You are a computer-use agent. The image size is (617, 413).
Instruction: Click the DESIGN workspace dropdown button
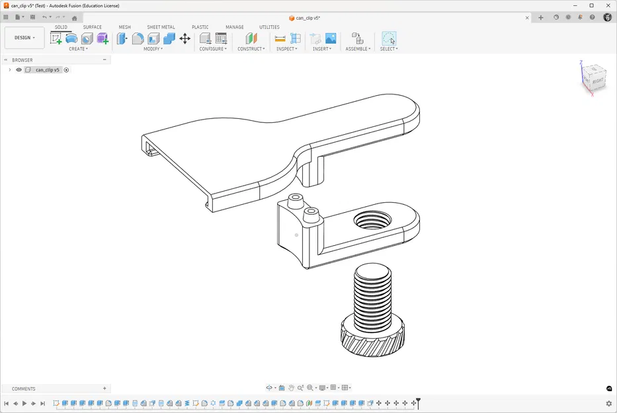[x=24, y=38]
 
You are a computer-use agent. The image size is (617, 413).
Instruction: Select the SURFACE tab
[x=92, y=27]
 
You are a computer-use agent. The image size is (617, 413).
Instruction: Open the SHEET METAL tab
[x=161, y=27]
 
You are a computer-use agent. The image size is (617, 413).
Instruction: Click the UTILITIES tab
[x=269, y=27]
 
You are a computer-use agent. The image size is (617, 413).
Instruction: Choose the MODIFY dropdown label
[x=153, y=49]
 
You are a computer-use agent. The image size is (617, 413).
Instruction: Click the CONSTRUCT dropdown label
[x=251, y=49]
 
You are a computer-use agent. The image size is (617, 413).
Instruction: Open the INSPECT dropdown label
[x=286, y=49]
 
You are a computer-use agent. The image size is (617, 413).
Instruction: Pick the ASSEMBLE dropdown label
[x=358, y=49]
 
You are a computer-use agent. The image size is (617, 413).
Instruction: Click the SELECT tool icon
[x=389, y=38]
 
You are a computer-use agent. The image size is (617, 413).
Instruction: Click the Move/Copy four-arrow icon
[x=185, y=38]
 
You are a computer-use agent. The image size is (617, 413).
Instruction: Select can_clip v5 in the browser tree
[x=48, y=69]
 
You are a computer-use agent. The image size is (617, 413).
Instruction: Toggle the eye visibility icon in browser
[x=19, y=69]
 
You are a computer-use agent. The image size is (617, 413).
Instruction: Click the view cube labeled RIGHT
[x=596, y=81]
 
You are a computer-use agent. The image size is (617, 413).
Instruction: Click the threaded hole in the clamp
[x=373, y=220]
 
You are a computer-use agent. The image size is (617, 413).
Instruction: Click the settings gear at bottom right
[x=609, y=403]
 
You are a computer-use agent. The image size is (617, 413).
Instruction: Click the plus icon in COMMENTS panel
[x=104, y=389]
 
